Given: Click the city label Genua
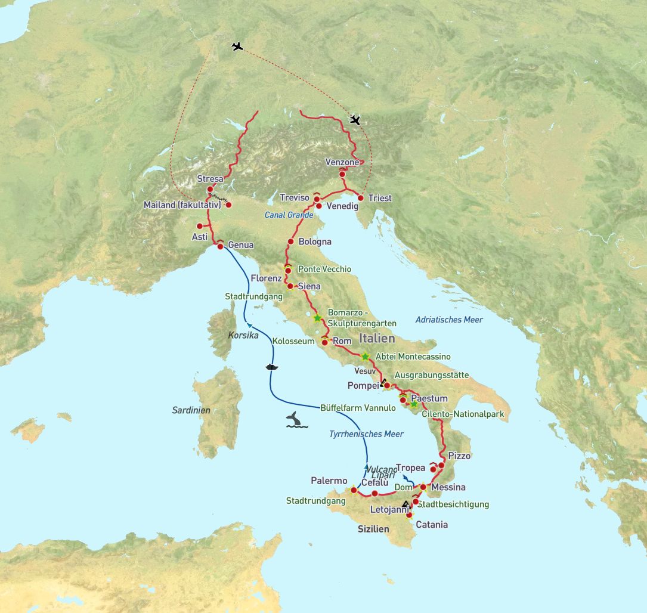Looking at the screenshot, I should [x=240, y=245].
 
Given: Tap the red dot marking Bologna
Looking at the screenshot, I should [x=291, y=242].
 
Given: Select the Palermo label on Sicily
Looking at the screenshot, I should [x=329, y=481].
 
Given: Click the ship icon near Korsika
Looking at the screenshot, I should [x=272, y=366].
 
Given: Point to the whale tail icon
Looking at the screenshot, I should [x=296, y=420].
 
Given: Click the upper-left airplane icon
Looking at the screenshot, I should [x=237, y=46].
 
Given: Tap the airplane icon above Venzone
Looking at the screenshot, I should [x=355, y=120].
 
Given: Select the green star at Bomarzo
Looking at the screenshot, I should [x=317, y=318].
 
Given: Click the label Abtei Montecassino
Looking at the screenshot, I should [x=413, y=357].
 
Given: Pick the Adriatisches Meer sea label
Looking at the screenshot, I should [x=449, y=320].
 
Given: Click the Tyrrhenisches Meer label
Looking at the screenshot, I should [x=366, y=434].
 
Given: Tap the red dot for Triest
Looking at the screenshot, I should [x=361, y=198].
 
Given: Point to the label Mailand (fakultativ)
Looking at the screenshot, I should [x=182, y=205].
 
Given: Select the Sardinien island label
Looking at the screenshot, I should [x=191, y=410].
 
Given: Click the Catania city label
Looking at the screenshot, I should [x=431, y=525].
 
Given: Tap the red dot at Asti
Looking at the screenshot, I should [x=200, y=226].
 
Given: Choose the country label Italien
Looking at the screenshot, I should [x=376, y=338].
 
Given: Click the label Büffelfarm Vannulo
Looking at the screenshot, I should [x=358, y=408].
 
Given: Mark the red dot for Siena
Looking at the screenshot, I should [x=290, y=286].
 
